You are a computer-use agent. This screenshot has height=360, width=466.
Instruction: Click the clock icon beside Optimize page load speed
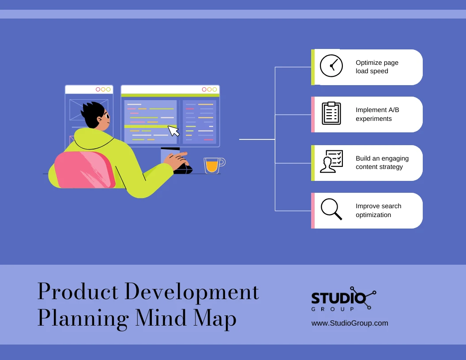click(x=331, y=66)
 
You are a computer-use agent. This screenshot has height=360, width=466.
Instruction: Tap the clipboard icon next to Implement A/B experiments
click(x=331, y=113)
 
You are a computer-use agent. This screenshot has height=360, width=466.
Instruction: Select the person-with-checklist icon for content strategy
click(x=331, y=161)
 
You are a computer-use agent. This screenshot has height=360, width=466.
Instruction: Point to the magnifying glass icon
click(x=331, y=209)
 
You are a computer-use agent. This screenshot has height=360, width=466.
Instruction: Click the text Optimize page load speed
click(x=377, y=67)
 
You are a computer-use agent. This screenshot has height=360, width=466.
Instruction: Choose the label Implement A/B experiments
click(x=377, y=114)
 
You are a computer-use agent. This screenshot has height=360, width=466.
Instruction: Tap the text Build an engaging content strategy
click(x=382, y=162)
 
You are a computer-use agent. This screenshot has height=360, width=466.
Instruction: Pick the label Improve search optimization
click(x=378, y=210)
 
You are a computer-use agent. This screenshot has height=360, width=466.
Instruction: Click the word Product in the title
click(x=78, y=292)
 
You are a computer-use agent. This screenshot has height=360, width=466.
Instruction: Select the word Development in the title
click(x=192, y=292)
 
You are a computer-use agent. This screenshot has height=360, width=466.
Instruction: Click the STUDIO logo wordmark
click(x=338, y=297)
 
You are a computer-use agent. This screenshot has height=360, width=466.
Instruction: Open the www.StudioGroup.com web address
click(x=349, y=323)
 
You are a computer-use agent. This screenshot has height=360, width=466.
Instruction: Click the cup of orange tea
click(x=212, y=165)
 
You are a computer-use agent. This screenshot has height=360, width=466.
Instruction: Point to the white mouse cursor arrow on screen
click(x=173, y=131)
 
